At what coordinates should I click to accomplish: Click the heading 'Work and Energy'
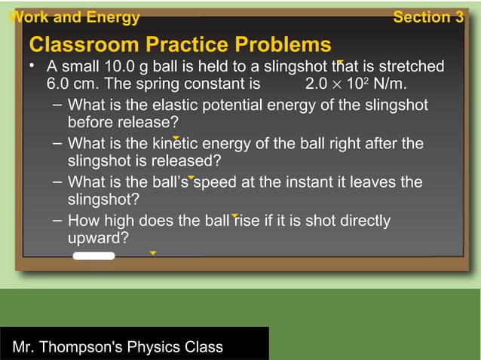(x=74, y=18)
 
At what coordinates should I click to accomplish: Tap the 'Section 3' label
(x=428, y=18)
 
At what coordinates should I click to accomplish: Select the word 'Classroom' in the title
(x=83, y=44)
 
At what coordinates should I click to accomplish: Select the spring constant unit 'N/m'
(x=391, y=83)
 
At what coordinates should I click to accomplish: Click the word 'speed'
(x=218, y=182)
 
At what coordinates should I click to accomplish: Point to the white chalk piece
(x=93, y=256)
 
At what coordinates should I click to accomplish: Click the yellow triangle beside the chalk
(x=153, y=253)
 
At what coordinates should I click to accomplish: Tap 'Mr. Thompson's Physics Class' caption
(x=118, y=347)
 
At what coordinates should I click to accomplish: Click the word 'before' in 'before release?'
(x=91, y=121)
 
